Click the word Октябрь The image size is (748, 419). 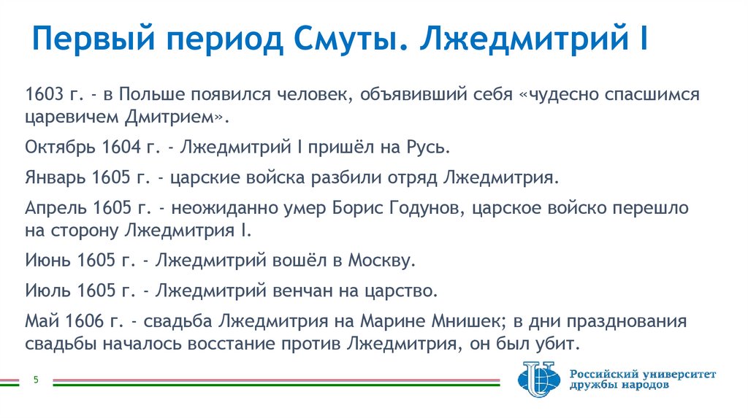coord(56,147)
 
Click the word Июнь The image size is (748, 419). coord(45,260)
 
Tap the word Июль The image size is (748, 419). coord(45,291)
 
